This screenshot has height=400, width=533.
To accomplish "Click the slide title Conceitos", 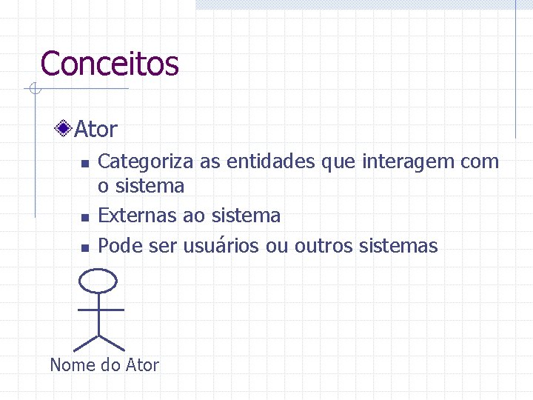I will point(110,64).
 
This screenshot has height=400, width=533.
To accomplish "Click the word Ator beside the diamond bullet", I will point(96,130).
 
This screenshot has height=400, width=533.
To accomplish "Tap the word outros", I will point(324,246).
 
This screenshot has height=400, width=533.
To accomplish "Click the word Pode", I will point(121,246).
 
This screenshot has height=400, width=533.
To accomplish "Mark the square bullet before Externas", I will point(84,218).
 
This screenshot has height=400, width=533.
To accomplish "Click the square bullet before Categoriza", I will point(84,163).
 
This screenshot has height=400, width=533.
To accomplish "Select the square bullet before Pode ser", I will point(84,247).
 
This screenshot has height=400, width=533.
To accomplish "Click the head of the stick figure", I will point(98,281).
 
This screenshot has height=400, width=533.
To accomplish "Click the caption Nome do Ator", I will point(104,365).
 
